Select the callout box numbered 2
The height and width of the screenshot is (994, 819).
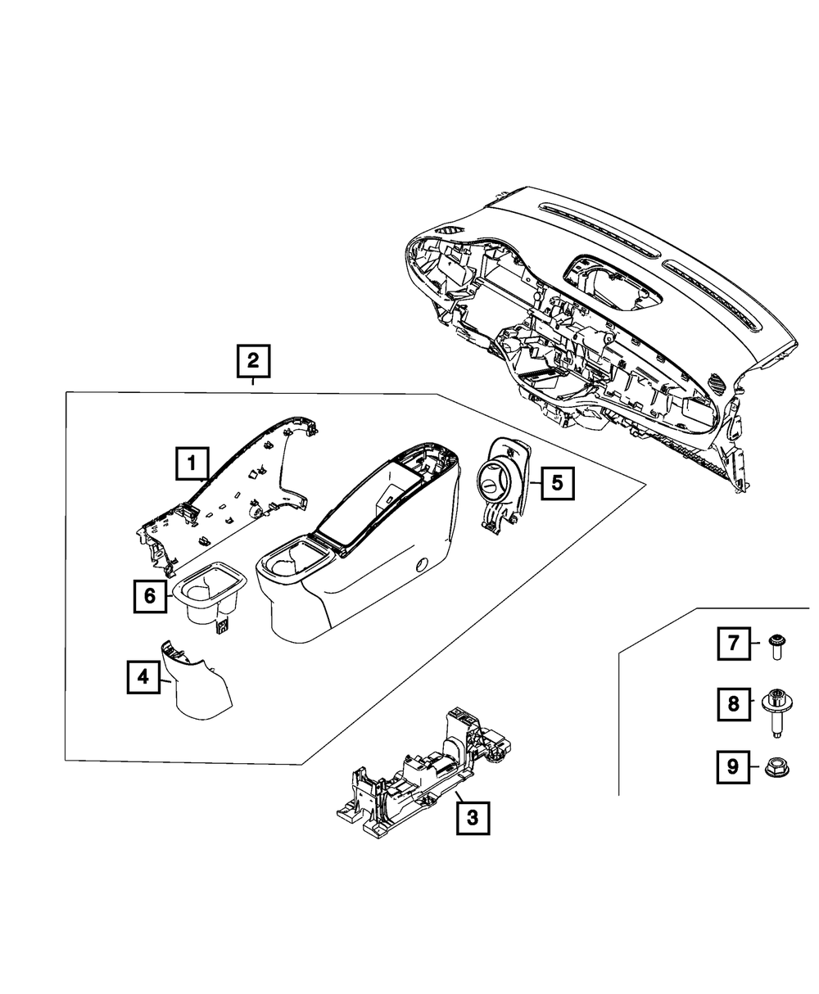tap(253, 360)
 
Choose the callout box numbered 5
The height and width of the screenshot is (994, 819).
tap(556, 483)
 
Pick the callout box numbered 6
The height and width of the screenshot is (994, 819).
tap(150, 596)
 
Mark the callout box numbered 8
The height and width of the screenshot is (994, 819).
tap(734, 703)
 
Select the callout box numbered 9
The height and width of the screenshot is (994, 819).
tap(734, 766)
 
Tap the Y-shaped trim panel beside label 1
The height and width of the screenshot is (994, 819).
tap(238, 491)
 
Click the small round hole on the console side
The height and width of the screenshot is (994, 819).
tap(423, 563)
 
